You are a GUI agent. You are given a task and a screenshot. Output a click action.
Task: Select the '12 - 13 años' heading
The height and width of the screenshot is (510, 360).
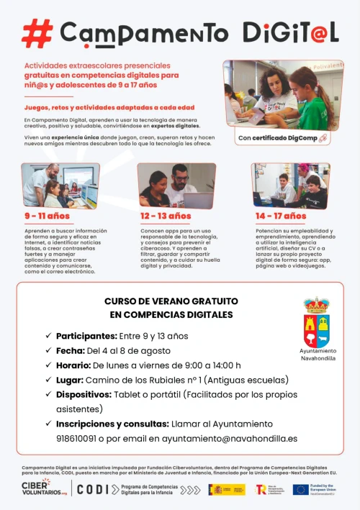pos(166,216)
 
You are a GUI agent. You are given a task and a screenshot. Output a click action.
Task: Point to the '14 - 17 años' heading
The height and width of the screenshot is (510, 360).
pos(280,216)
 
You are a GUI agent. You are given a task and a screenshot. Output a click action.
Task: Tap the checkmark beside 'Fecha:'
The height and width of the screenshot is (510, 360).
pos(48,350)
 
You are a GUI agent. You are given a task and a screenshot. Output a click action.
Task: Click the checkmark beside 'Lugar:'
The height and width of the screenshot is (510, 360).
pos(48,380)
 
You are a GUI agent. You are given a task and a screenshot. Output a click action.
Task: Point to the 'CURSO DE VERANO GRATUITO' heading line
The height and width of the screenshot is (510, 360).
pos(171,301)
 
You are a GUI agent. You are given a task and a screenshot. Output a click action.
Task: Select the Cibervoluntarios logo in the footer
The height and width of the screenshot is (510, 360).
pos(45,488)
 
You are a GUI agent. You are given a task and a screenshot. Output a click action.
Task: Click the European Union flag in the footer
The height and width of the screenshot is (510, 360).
pos(300,489)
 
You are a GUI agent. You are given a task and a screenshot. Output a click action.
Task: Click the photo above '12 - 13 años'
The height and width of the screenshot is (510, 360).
pos(176,186)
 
